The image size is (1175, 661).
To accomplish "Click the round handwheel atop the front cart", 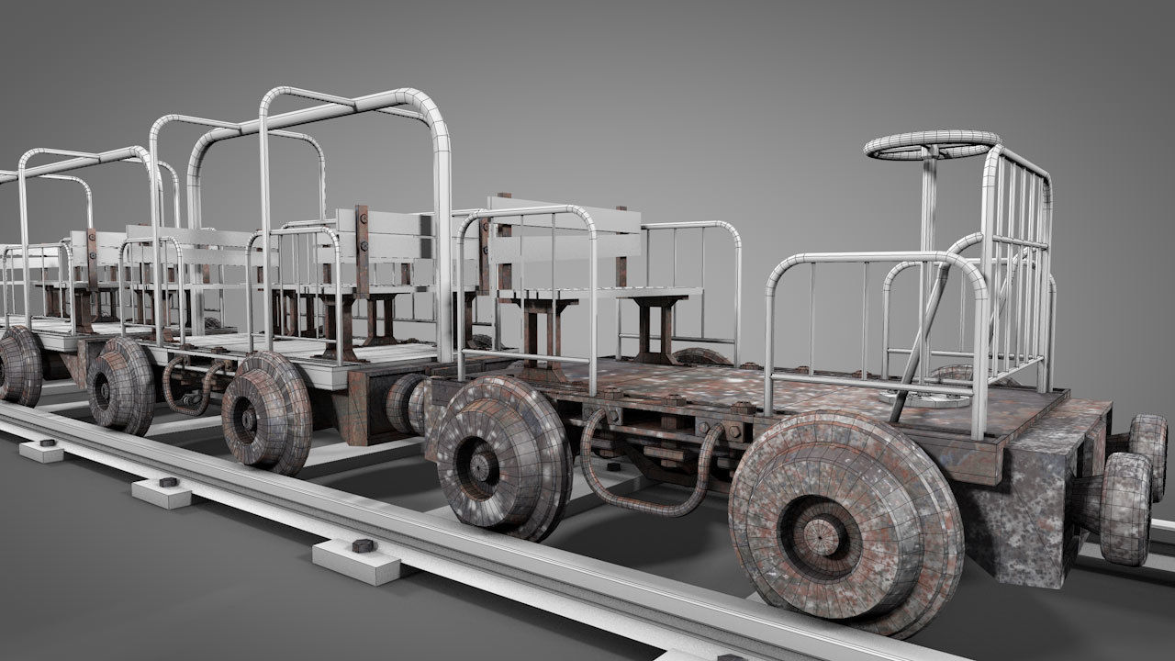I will [x=931, y=145].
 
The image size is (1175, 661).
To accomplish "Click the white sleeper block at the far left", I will [x=42, y=451].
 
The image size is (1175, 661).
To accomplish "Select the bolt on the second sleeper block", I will [x=168, y=481].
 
